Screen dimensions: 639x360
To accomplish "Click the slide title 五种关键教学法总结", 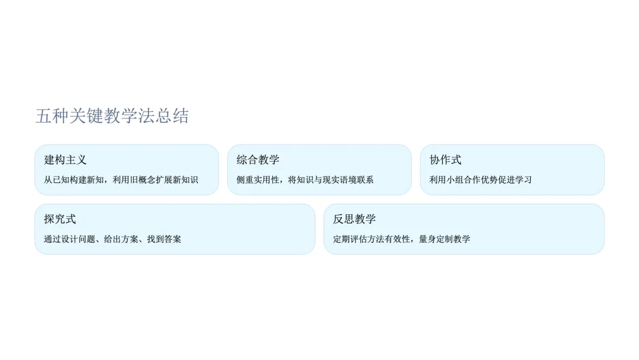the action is [112, 116].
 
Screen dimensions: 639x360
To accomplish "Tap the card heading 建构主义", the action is [66, 160].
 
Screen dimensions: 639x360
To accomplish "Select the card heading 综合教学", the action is [258, 160].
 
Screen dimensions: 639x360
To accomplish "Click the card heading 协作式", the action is [446, 160].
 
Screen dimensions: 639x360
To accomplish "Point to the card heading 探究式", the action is [60, 219].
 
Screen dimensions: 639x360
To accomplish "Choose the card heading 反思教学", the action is [354, 219].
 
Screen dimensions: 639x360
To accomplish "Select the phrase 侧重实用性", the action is [258, 180].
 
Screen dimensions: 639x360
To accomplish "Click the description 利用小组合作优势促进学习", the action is [480, 180].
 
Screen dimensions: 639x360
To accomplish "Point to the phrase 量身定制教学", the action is [445, 239].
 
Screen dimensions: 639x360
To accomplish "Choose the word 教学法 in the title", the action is [130, 116].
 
